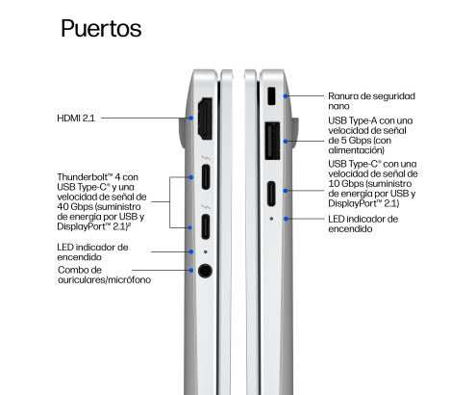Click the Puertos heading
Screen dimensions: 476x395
click(101, 29)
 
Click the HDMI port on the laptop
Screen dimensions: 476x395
click(205, 118)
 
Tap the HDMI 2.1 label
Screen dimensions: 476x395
click(76, 118)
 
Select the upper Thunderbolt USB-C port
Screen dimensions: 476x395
click(206, 176)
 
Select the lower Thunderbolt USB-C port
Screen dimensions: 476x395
click(206, 226)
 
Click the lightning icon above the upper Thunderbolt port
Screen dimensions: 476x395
click(206, 158)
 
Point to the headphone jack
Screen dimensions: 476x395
click(205, 271)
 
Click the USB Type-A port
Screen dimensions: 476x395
click(272, 141)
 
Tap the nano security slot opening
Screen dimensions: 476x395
click(271, 95)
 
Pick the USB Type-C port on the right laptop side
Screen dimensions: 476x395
click(271, 194)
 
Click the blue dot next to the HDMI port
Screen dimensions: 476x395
click(191, 118)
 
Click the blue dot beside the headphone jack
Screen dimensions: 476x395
click(191, 271)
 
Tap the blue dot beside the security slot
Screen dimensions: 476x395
click(286, 95)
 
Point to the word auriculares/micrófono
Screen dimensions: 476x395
click(104, 280)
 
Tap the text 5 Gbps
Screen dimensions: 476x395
click(355, 141)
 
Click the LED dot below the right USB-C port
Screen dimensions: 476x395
click(271, 219)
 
